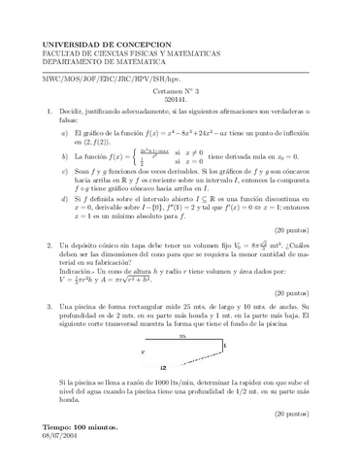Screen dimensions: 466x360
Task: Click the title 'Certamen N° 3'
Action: point(180,88)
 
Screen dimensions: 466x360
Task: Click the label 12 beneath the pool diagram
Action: point(163,368)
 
